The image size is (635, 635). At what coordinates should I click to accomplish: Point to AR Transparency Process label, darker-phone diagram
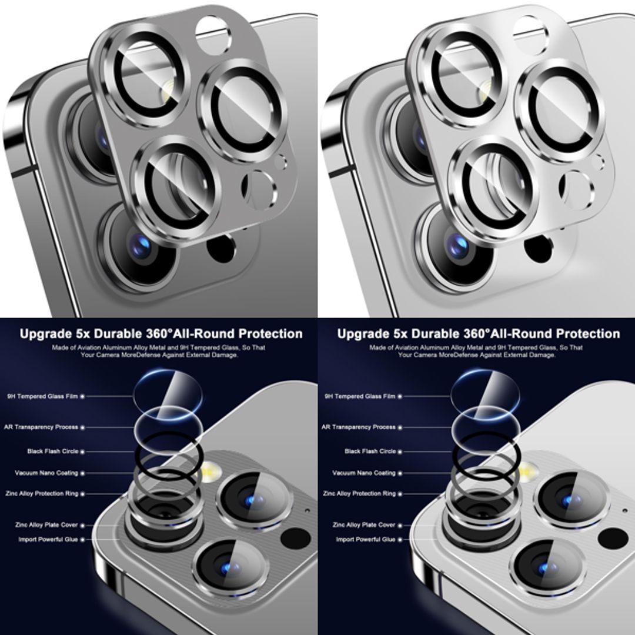pyautogui.click(x=41, y=427)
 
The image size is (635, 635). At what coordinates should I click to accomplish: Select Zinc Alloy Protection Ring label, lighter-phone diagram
pyautogui.click(x=359, y=494)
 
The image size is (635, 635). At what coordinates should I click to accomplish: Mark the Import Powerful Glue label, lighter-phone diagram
pyautogui.click(x=366, y=540)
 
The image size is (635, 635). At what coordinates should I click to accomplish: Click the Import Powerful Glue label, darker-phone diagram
pyautogui.click(x=48, y=540)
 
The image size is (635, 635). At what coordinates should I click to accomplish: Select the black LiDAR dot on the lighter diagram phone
pyautogui.click(x=613, y=537)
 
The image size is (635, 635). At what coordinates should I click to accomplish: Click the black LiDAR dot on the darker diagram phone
pyautogui.click(x=295, y=537)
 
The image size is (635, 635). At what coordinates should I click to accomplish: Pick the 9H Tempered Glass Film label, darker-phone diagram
pyautogui.click(x=42, y=397)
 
